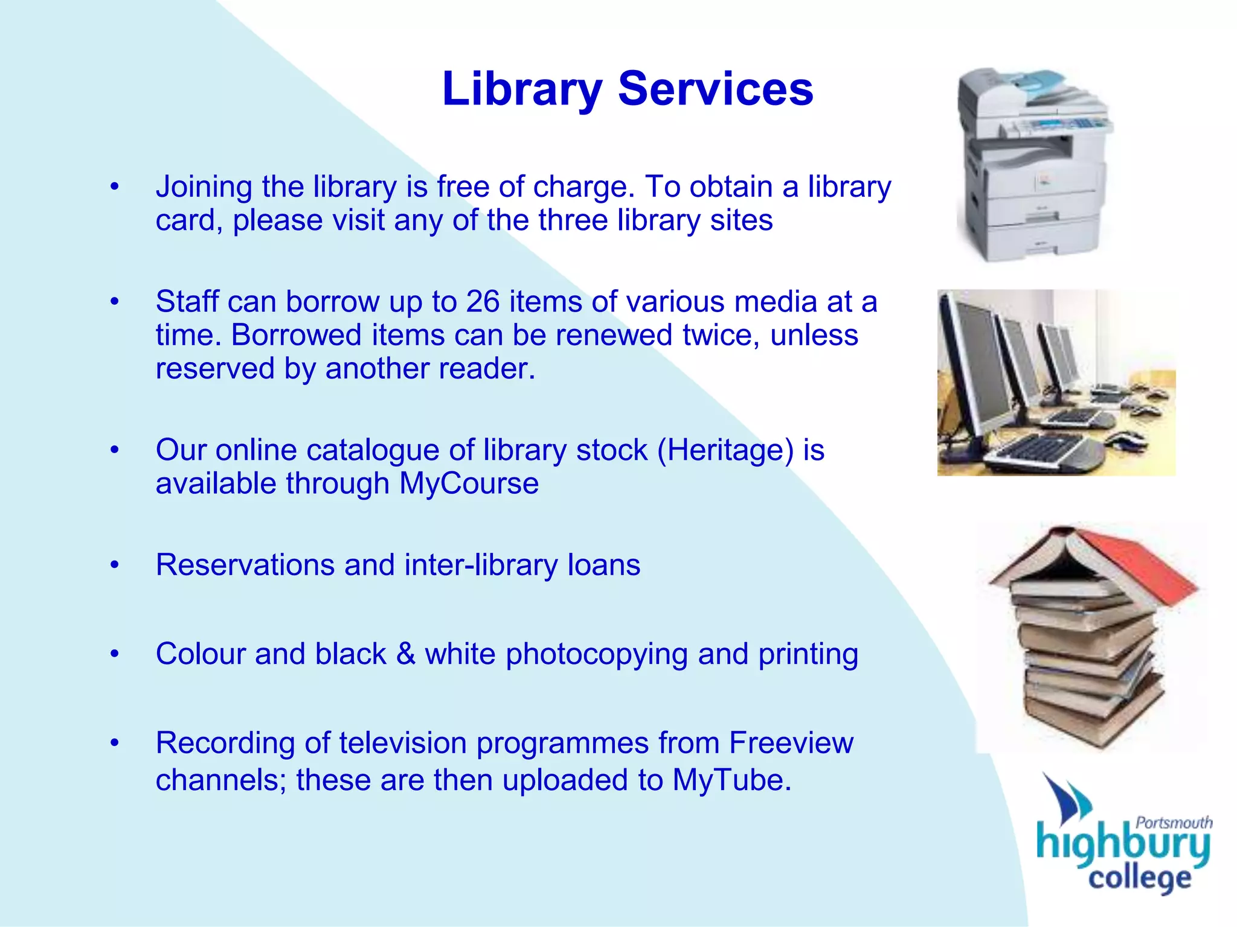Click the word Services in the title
click(716, 89)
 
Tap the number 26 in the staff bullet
click(483, 301)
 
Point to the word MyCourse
click(469, 483)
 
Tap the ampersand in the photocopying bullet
click(405, 654)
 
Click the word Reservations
click(245, 565)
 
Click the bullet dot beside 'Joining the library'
click(115, 186)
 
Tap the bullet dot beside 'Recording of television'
click(115, 743)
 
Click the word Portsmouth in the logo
click(1174, 822)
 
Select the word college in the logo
click(1139, 878)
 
